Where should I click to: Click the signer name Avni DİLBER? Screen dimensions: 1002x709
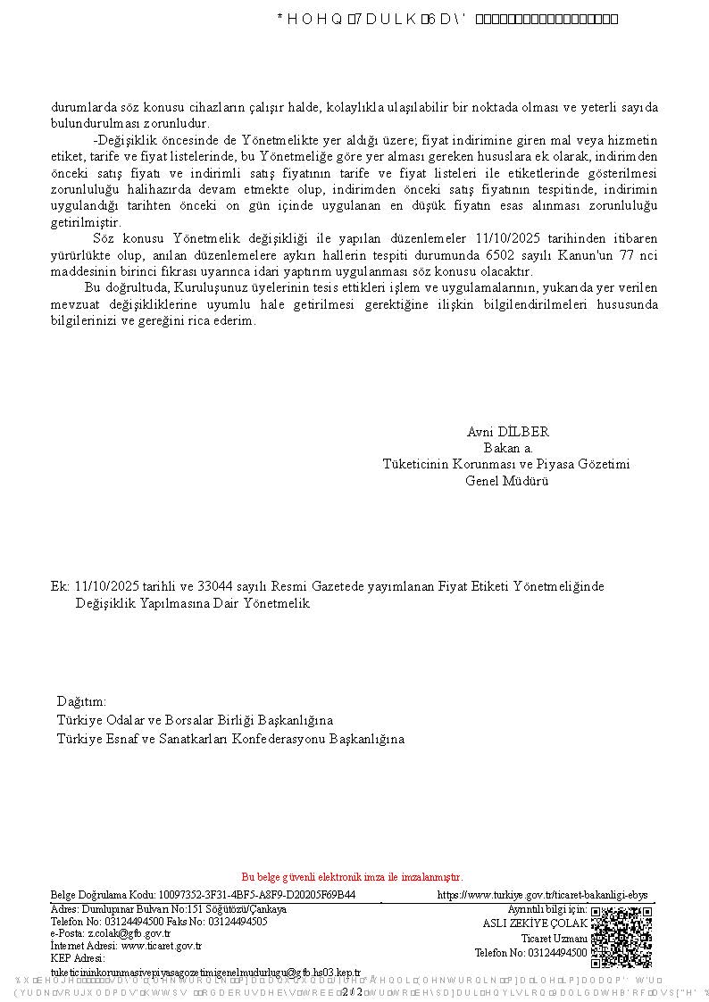(x=507, y=432)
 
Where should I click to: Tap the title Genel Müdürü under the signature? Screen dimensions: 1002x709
(x=506, y=480)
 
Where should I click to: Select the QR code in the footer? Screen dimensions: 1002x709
(x=621, y=937)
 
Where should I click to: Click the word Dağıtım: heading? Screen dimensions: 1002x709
(x=81, y=701)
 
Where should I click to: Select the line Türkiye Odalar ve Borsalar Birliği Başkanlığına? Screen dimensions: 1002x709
(x=195, y=720)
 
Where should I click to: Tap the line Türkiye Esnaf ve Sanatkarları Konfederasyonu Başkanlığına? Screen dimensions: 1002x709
(x=230, y=739)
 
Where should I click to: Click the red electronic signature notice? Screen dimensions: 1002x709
(x=352, y=877)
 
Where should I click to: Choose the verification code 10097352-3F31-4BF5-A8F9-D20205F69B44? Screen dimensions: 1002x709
(x=256, y=895)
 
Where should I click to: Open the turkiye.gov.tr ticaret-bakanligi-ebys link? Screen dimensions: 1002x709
(x=542, y=895)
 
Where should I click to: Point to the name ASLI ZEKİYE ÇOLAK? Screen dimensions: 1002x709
(x=535, y=923)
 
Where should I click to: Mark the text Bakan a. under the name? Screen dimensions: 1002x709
(x=508, y=448)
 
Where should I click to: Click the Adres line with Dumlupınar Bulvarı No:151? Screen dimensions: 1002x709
(x=169, y=909)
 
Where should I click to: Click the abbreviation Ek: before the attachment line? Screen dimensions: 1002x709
(x=60, y=586)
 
